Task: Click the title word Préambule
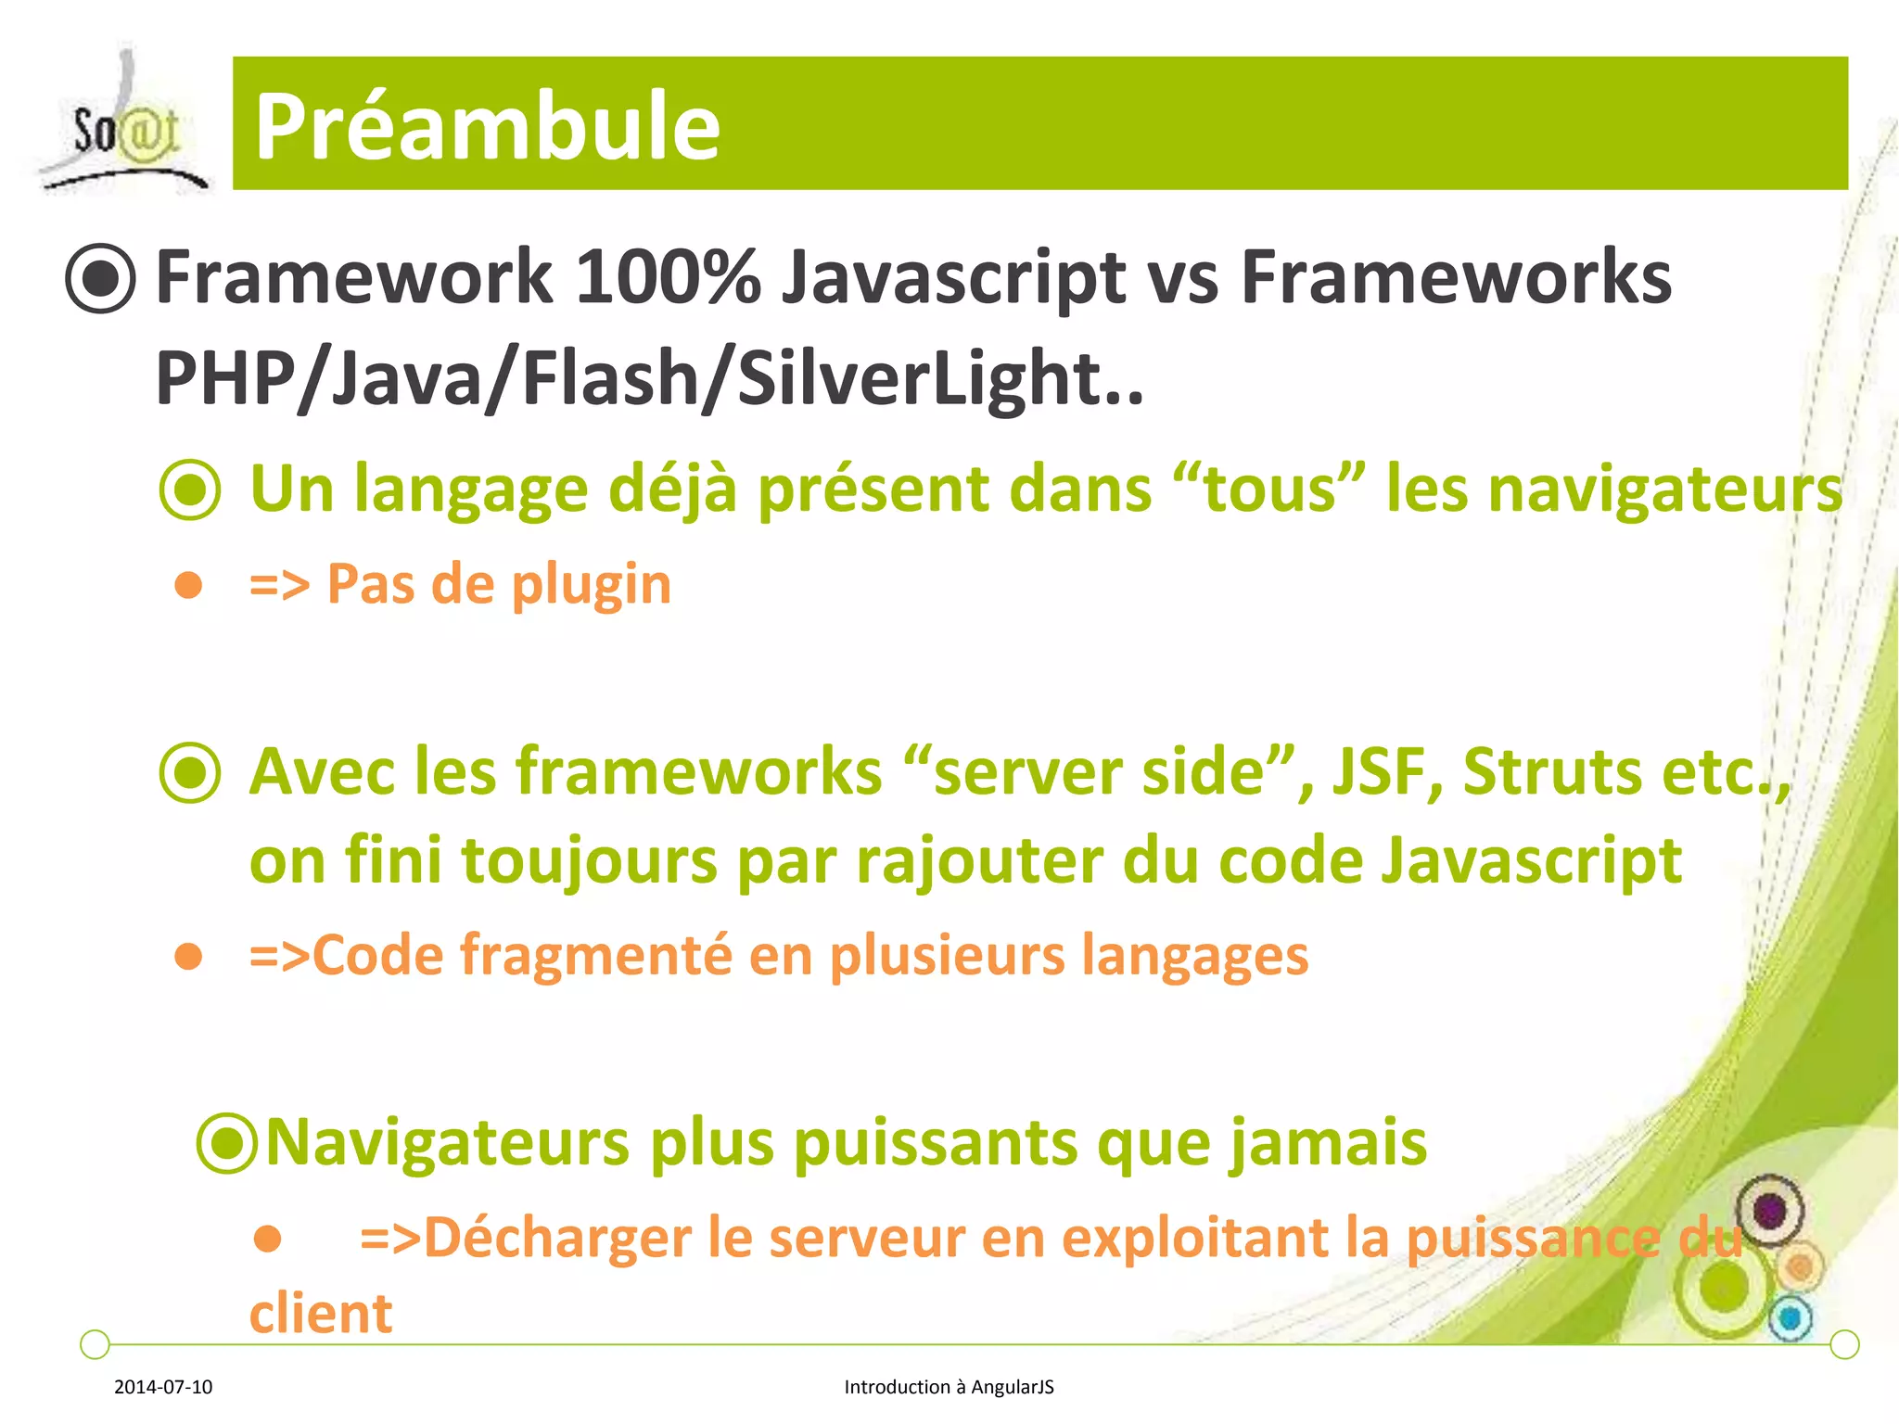click(487, 127)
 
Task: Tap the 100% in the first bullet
click(668, 277)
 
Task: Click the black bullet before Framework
click(101, 278)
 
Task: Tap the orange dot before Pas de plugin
click(189, 585)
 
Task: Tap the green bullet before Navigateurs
click(227, 1143)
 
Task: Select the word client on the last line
click(321, 1314)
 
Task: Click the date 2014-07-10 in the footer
click(163, 1387)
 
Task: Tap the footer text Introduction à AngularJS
click(949, 1387)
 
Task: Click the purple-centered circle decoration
click(1769, 1210)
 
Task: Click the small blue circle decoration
click(1791, 1318)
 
